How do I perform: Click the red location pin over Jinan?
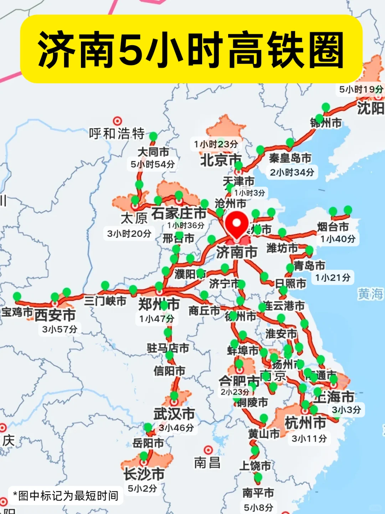pos(236,224)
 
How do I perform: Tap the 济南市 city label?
pos(236,252)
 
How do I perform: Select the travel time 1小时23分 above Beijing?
pos(216,144)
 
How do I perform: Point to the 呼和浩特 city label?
pos(117,134)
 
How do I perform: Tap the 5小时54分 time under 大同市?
pos(153,164)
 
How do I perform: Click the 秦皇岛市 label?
pos(290,158)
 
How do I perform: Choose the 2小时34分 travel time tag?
pos(292,172)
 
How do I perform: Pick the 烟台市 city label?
pos(333,227)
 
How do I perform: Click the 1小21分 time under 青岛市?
pos(333,277)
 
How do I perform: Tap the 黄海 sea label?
pos(370,294)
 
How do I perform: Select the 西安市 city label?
pos(55,315)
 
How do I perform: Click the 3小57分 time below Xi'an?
pos(60,329)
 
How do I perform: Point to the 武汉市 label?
pos(174,414)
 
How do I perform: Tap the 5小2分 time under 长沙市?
pos(142,488)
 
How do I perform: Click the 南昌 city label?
pos(207,463)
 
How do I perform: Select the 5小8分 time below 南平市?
pos(258,507)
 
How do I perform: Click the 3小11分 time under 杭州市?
pos(309,438)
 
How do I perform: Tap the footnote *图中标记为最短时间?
pos(66,495)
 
